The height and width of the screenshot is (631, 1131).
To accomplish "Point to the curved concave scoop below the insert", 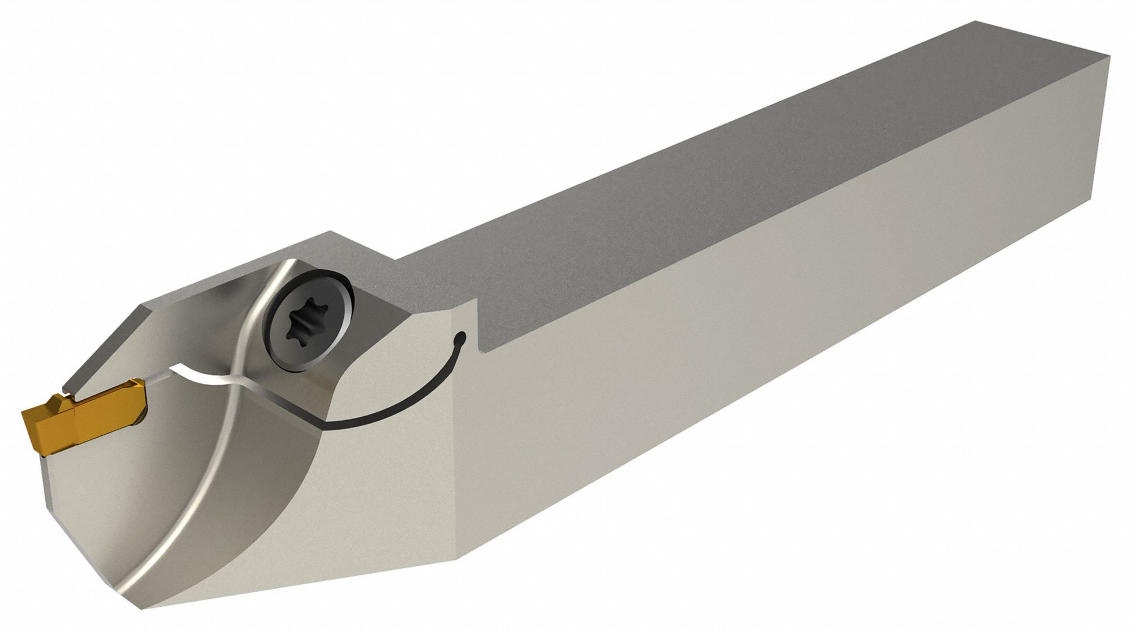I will pyautogui.click(x=254, y=481).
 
